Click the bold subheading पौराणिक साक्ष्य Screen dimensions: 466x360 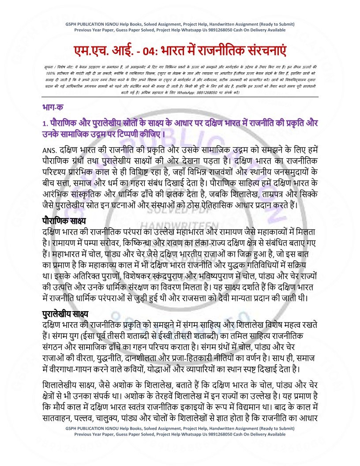(x=64, y=220)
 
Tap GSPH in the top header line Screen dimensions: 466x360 (x=71, y=24)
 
